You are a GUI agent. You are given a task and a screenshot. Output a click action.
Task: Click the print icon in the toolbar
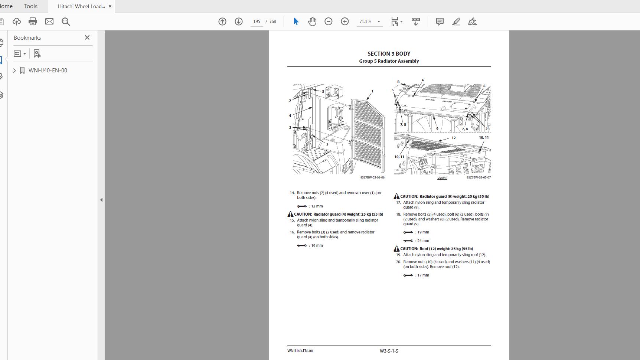click(x=33, y=22)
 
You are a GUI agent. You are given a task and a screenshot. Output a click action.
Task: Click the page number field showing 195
click(x=257, y=22)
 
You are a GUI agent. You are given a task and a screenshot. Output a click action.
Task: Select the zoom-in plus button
click(x=345, y=22)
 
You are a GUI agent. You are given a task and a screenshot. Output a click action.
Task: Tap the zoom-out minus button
click(x=328, y=22)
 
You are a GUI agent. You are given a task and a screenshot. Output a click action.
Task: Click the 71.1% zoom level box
click(x=365, y=22)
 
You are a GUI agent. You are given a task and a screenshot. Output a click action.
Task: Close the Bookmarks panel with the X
click(x=87, y=37)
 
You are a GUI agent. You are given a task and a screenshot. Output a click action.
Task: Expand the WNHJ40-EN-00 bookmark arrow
click(x=14, y=71)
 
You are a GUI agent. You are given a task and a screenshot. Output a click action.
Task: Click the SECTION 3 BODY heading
click(x=389, y=54)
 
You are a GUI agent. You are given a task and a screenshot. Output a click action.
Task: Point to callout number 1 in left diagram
click(x=372, y=91)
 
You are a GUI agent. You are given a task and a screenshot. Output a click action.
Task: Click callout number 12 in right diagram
click(x=454, y=138)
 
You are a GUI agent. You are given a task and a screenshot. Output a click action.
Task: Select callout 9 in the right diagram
click(x=437, y=129)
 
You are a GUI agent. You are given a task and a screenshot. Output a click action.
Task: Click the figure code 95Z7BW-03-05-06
click(x=372, y=177)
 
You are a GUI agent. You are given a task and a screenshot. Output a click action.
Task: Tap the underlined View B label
click(x=442, y=178)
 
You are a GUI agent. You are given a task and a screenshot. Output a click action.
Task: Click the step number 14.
click(x=292, y=193)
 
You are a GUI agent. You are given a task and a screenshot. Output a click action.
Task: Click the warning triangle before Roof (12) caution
click(x=396, y=249)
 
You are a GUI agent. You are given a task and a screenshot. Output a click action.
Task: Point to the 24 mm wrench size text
click(x=423, y=240)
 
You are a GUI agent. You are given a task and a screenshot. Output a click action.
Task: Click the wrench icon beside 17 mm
click(x=408, y=275)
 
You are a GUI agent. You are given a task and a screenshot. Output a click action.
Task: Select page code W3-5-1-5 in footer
click(x=389, y=351)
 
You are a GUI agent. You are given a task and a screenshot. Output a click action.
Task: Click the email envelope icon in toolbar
click(x=49, y=22)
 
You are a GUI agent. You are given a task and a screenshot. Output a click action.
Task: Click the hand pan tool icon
click(x=312, y=22)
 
